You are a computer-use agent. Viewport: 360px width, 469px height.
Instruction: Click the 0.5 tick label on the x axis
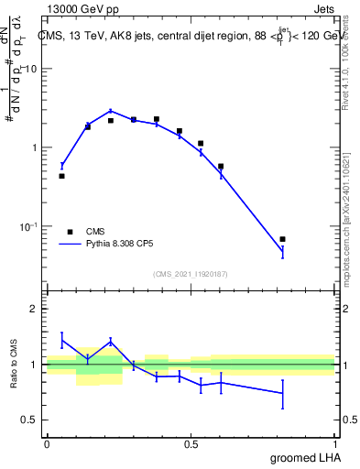pyautogui.click(x=191, y=444)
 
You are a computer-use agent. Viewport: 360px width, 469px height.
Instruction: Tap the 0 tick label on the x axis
pyautogui.click(x=47, y=444)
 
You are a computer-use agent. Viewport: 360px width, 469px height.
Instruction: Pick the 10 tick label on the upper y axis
pyautogui.click(x=31, y=69)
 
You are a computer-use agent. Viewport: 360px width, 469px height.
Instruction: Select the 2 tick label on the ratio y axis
pyautogui.click(x=34, y=309)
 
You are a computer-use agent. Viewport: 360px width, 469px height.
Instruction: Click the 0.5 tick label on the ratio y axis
pyautogui.click(x=29, y=420)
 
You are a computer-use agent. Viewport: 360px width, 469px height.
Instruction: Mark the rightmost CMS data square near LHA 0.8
pyautogui.click(x=282, y=239)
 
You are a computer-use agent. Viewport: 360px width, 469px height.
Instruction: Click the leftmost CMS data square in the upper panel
pyautogui.click(x=61, y=176)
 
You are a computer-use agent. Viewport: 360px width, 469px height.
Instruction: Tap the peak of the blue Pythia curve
pyautogui.click(x=111, y=110)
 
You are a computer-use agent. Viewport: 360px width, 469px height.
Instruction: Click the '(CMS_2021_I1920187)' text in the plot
pyautogui.click(x=191, y=273)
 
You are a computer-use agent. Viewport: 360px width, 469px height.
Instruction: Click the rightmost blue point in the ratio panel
pyautogui.click(x=282, y=393)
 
